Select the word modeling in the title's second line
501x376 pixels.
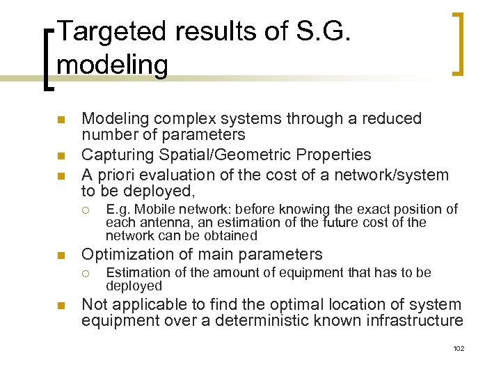point(113,65)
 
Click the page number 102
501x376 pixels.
point(457,348)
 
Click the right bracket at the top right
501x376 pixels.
point(458,43)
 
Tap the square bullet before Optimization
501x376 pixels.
point(61,255)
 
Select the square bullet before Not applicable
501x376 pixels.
point(61,305)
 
